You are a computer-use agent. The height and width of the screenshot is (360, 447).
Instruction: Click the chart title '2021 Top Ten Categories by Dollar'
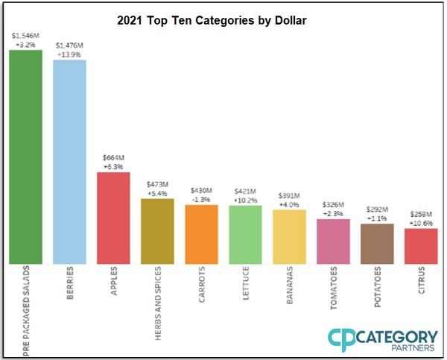point(212,21)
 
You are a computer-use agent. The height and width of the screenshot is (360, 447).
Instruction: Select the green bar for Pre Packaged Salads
point(25,157)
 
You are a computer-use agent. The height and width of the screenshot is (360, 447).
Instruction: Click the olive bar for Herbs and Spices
point(157,230)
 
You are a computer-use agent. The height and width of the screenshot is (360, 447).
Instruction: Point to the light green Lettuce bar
point(245,234)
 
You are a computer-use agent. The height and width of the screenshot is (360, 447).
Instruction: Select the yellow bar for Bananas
point(289,236)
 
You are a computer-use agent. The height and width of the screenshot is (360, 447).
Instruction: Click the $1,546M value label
point(25,34)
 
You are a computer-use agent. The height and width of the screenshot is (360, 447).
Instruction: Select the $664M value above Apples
point(113,157)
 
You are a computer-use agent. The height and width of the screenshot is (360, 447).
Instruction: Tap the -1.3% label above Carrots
point(201,199)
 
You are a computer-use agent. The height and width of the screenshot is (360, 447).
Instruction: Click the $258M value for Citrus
point(421,214)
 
